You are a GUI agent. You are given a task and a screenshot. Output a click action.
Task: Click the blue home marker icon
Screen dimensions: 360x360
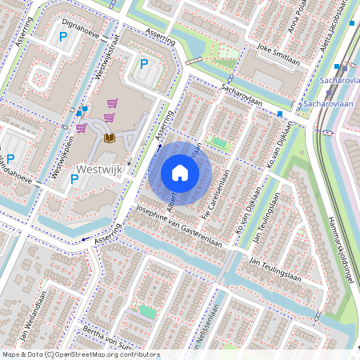coord(180,173)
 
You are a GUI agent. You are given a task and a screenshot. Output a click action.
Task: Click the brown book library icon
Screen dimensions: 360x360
coord(109,139)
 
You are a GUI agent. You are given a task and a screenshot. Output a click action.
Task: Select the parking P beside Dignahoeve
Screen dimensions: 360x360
coord(62,36)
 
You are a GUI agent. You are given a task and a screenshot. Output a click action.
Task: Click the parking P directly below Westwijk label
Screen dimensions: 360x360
coord(74,179)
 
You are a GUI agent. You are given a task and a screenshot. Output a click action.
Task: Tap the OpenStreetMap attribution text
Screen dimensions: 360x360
coord(80,354)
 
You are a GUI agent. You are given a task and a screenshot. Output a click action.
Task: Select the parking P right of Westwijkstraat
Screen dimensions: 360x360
coord(144,64)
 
